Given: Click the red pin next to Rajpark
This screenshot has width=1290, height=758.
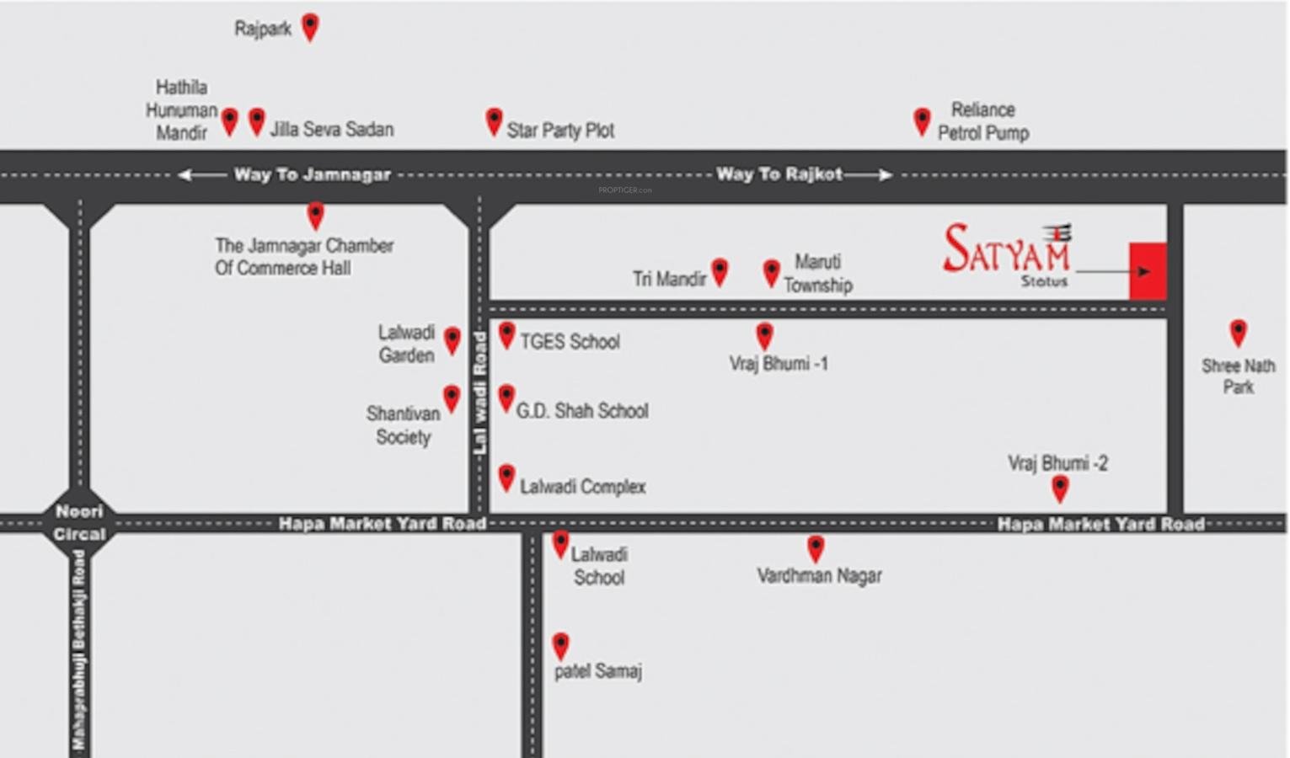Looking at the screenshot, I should point(310,26).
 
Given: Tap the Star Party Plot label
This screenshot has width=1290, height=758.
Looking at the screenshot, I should point(560,131).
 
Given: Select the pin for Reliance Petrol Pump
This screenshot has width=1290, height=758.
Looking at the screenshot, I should point(922,120).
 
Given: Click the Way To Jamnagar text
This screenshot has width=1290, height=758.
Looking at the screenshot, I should point(312,174).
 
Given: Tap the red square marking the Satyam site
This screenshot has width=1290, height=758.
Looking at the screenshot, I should point(1148,271).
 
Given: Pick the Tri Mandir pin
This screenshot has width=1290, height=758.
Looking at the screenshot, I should point(720,271).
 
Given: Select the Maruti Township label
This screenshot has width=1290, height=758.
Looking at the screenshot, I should point(817,274).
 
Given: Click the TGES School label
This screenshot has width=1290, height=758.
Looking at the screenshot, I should point(570,342).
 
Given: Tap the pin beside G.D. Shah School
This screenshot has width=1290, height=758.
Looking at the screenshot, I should point(506,398).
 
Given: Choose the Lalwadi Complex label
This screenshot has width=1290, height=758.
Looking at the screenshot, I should point(582,487).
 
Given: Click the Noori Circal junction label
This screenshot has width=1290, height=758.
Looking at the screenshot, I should point(80,522).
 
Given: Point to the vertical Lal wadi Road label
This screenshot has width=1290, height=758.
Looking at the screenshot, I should point(479,393).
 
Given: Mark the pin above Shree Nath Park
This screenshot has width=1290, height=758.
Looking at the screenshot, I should point(1238,332).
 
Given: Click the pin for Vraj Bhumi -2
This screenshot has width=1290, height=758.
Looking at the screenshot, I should point(1060,488).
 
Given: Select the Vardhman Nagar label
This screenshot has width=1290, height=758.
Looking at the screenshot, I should point(819,576).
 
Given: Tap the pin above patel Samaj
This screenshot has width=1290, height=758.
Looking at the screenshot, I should point(560,645).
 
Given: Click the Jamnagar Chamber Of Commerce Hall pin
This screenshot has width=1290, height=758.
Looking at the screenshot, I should point(315,216).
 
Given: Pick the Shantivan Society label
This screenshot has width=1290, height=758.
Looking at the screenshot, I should point(404,425).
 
